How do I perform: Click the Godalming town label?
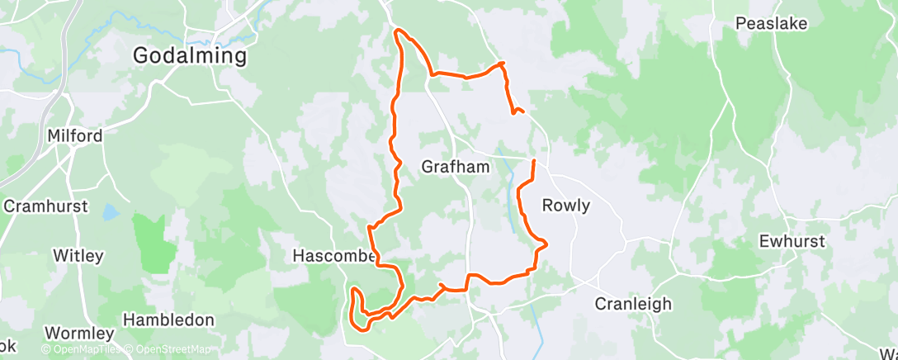click(190, 56)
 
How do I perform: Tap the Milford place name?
click(75, 136)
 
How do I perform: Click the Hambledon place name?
click(168, 320)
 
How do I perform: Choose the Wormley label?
click(79, 334)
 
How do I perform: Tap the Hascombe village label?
click(334, 257)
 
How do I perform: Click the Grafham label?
click(456, 167)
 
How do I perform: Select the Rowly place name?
click(565, 206)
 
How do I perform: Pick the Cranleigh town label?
click(633, 304)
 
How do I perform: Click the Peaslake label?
click(771, 24)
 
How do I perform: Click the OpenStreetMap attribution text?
click(168, 350)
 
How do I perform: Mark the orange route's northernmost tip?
click(399, 31)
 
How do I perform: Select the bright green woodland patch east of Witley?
click(154, 244)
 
